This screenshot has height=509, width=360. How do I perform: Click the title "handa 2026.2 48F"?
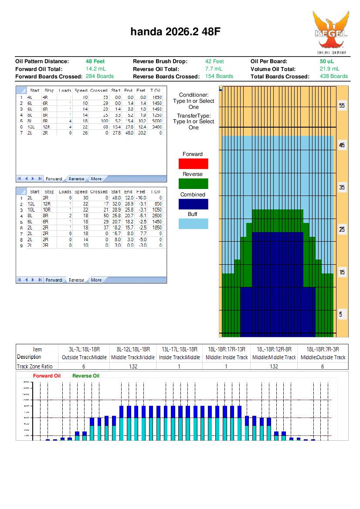[x=178, y=31]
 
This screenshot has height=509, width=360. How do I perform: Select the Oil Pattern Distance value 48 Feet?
[x=95, y=61]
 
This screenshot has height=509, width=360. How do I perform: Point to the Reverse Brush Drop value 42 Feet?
[x=214, y=61]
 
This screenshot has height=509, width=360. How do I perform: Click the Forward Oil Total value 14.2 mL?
[x=96, y=69]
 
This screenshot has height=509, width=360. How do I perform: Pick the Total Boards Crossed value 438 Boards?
[x=333, y=76]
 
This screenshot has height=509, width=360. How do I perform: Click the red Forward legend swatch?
[x=193, y=164]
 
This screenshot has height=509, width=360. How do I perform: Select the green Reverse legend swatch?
[x=193, y=184]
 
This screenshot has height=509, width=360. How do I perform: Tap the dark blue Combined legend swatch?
[x=193, y=204]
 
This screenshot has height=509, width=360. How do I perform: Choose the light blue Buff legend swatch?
[x=193, y=224]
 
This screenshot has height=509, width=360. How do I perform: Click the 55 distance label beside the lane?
[x=342, y=106]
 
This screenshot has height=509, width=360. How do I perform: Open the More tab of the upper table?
[x=96, y=179]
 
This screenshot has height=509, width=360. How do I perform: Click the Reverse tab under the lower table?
[x=76, y=280]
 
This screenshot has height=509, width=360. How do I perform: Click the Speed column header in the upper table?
[x=81, y=91]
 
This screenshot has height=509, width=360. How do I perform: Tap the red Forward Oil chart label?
[x=47, y=376]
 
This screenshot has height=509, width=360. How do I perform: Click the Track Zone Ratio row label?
[x=34, y=366]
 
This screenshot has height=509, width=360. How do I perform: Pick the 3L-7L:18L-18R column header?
[x=84, y=349]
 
